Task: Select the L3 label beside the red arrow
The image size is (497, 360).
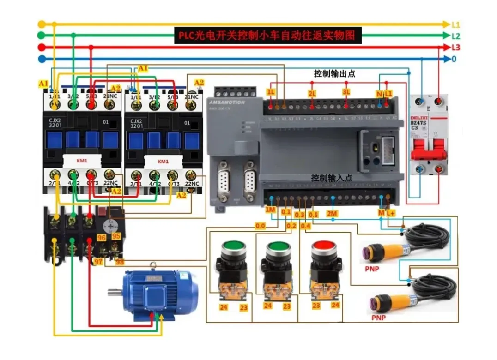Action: tap(456, 48)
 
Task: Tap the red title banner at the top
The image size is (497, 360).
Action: tap(267, 36)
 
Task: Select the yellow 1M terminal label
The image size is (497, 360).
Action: tap(271, 210)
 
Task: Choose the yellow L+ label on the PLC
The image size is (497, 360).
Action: tap(391, 213)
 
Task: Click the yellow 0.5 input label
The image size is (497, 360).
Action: tap(313, 215)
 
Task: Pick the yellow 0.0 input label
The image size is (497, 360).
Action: tap(261, 226)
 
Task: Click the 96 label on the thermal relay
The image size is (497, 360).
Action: tap(102, 237)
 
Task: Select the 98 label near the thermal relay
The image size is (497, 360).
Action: tap(120, 262)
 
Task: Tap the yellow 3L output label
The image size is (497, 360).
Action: tap(346, 92)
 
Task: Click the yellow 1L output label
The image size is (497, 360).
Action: tap(271, 92)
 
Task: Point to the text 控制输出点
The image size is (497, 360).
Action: tap(334, 73)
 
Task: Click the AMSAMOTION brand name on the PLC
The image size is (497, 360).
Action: tap(226, 102)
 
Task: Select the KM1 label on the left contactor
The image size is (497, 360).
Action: tap(82, 162)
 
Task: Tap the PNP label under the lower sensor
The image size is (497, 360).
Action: tap(378, 318)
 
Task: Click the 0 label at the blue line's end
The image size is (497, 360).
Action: tap(454, 59)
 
